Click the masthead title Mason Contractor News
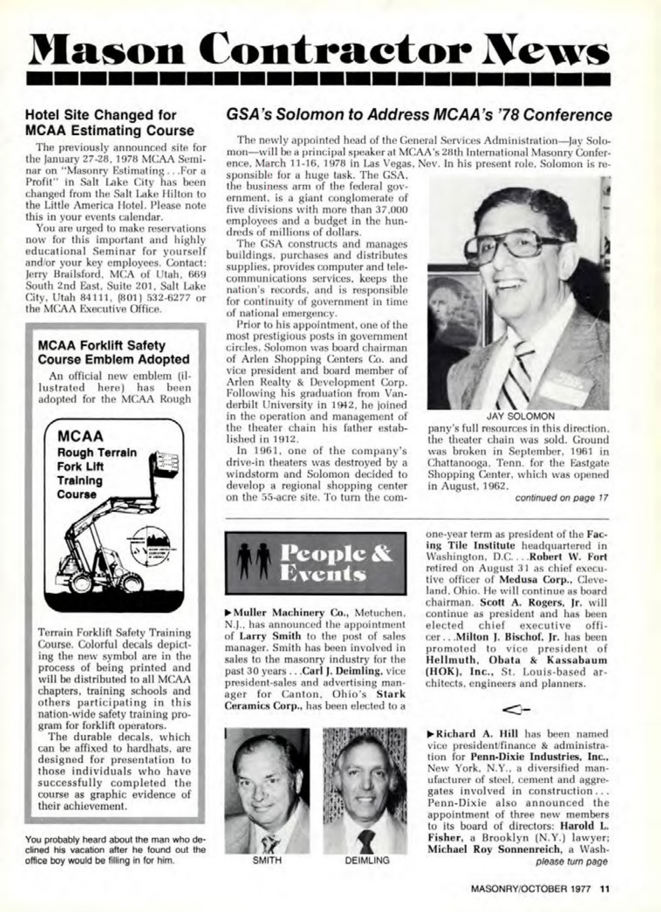coord(318,49)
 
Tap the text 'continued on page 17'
coord(561,498)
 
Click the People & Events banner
coord(315,563)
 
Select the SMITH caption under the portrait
coord(267,860)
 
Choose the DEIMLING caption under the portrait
coord(367,860)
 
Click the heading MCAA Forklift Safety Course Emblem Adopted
coord(114,353)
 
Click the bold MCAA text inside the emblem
coord(80,437)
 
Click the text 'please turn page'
coord(572,861)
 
